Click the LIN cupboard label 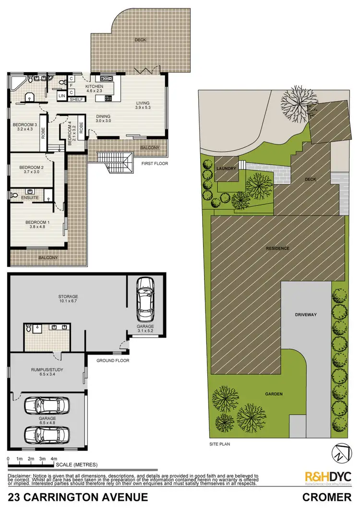(x=62, y=96)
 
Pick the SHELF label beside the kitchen (x=76, y=99)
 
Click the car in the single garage (x=145, y=299)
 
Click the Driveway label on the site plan (x=305, y=314)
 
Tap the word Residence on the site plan (x=278, y=248)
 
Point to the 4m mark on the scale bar (x=53, y=459)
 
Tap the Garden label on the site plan (x=275, y=394)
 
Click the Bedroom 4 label (x=70, y=132)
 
